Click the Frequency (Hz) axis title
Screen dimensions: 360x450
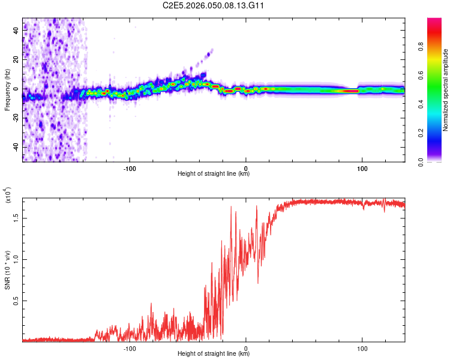(x=7, y=89)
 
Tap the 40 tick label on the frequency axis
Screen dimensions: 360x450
(x=16, y=31)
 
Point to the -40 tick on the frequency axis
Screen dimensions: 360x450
(x=16, y=147)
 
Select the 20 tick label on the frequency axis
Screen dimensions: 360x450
(x=16, y=60)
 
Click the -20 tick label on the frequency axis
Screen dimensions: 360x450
(x=16, y=118)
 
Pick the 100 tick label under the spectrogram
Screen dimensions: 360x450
(x=362, y=168)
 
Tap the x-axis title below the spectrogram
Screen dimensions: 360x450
(x=214, y=174)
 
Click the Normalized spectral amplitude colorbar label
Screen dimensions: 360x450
(x=445, y=89)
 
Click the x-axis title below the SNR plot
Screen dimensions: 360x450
(x=214, y=354)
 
